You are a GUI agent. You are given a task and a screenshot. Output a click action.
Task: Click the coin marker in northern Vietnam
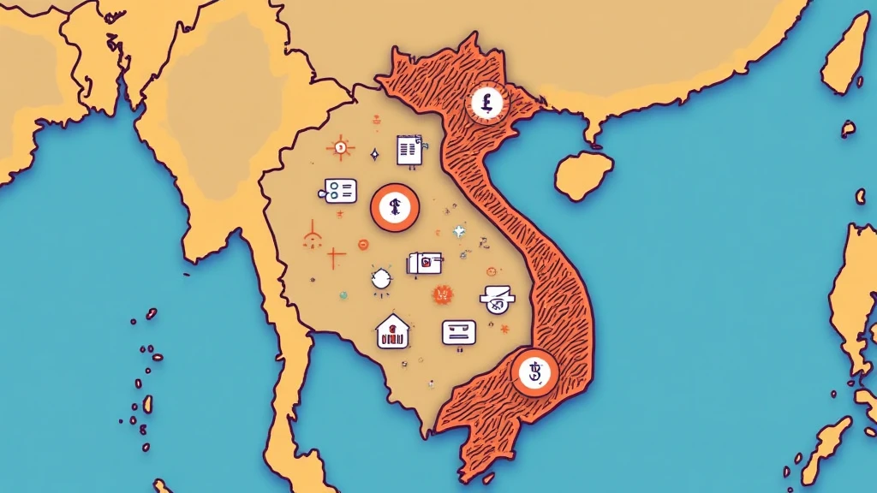point(487,104)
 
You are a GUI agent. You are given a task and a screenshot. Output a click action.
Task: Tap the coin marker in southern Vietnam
point(534,372)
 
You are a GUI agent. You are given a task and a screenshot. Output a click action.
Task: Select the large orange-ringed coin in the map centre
point(396,207)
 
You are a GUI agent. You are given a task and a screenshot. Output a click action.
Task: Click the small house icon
point(392,331)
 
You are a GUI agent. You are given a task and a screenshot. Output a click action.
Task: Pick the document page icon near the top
point(410,150)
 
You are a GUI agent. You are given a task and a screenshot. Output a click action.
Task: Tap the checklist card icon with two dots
point(340,191)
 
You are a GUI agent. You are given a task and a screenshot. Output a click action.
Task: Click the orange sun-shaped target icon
point(340,148)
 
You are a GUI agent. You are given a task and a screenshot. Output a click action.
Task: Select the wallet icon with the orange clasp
point(425,264)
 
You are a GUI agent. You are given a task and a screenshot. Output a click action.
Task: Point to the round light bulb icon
point(381,278)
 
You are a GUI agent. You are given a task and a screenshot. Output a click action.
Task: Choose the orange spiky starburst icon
point(442,294)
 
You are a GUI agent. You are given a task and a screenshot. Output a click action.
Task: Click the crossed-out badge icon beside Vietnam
point(498,297)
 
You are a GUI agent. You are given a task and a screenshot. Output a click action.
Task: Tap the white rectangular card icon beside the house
point(458,332)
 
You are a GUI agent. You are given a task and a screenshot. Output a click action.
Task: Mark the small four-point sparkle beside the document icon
point(373,155)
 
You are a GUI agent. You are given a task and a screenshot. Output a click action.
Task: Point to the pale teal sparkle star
point(459,231)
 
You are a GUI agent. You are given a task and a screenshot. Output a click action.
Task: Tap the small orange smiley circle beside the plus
point(362,245)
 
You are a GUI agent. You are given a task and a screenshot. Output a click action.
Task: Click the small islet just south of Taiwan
point(847,129)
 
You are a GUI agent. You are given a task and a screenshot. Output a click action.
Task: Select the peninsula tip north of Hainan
point(591,134)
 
